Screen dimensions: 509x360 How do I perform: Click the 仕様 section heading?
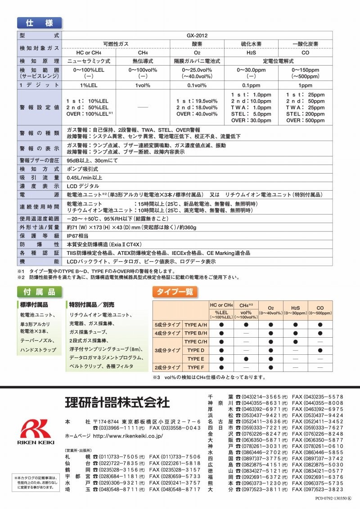(39, 23)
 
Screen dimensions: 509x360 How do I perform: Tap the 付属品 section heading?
(39, 291)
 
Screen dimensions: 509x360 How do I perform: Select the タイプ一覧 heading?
(175, 291)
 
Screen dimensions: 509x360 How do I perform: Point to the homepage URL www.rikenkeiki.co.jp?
(127, 436)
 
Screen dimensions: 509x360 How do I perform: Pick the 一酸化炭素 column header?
(306, 44)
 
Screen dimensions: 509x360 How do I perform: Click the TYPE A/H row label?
(196, 324)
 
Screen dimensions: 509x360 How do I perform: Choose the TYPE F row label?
(196, 367)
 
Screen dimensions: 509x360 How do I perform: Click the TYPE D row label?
(196, 350)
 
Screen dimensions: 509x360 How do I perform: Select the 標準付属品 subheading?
(38, 304)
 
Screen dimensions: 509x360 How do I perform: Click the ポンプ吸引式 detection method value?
(82, 169)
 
